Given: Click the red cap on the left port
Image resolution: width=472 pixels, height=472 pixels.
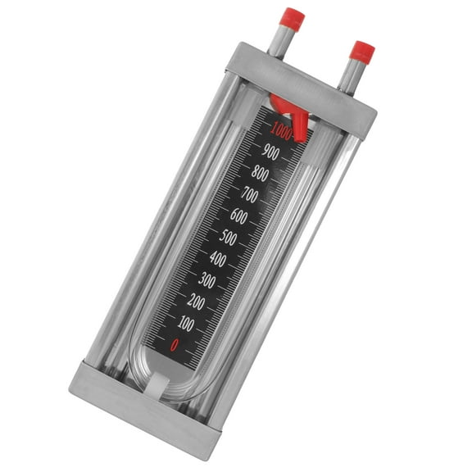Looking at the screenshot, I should (293, 18).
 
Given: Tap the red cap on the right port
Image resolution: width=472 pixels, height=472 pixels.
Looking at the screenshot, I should (361, 51).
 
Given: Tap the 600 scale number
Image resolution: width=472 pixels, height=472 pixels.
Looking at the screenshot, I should (238, 217).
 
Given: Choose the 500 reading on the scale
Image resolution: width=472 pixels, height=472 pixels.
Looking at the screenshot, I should (229, 238).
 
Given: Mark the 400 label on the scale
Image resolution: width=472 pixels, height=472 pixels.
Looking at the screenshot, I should (219, 260).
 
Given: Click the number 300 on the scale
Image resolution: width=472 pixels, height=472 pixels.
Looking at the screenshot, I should (208, 282).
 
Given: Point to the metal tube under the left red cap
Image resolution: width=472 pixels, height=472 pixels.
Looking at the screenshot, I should (284, 40).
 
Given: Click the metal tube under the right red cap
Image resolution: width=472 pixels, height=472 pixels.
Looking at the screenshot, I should (350, 74).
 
